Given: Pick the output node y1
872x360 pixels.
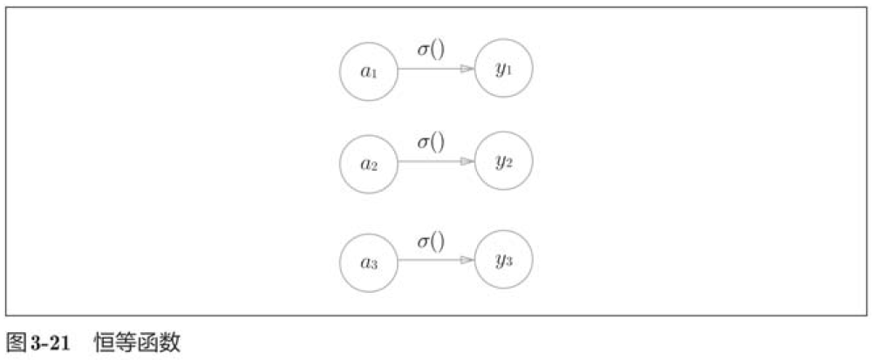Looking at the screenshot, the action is pos(503,69).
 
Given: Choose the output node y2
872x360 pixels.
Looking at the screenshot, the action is pos(503,162).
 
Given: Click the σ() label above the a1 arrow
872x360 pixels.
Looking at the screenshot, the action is pos(431,51).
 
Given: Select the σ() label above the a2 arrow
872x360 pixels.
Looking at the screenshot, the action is pos(431,141).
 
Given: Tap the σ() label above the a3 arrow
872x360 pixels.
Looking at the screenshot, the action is pos(431,240).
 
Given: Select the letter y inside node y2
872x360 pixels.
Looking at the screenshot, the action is pos(500,162).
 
